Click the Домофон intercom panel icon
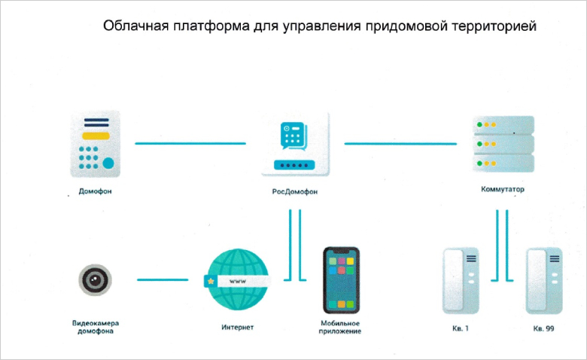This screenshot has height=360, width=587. pyautogui.click(x=96, y=144)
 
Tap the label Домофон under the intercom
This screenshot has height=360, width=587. pyautogui.click(x=95, y=191)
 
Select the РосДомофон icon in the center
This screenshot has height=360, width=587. pyautogui.click(x=295, y=145)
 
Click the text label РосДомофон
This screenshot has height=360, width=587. pyautogui.click(x=294, y=191)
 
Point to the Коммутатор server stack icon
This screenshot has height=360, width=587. pyautogui.click(x=503, y=144)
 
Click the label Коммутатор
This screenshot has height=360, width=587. pyautogui.click(x=503, y=189)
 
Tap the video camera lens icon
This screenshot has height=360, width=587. pyautogui.click(x=95, y=280)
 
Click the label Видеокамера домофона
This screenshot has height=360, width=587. pyautogui.click(x=96, y=327)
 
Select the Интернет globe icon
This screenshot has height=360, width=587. pyautogui.click(x=238, y=280)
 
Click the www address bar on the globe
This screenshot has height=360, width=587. pyautogui.click(x=237, y=281)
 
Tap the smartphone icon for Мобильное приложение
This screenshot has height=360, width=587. pyautogui.click(x=341, y=280)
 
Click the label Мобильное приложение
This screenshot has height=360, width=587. pyautogui.click(x=340, y=327)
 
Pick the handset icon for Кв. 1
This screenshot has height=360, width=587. pyautogui.click(x=461, y=281)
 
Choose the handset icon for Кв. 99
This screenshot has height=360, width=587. pyautogui.click(x=544, y=281)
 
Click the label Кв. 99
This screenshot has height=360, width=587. pyautogui.click(x=543, y=328)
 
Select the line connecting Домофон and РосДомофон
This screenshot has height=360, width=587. pyautogui.click(x=190, y=144)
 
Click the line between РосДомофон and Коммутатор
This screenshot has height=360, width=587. pyautogui.click(x=400, y=144)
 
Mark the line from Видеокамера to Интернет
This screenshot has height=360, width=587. pyautogui.click(x=163, y=280)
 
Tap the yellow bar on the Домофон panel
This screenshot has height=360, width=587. pyautogui.click(x=96, y=136)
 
